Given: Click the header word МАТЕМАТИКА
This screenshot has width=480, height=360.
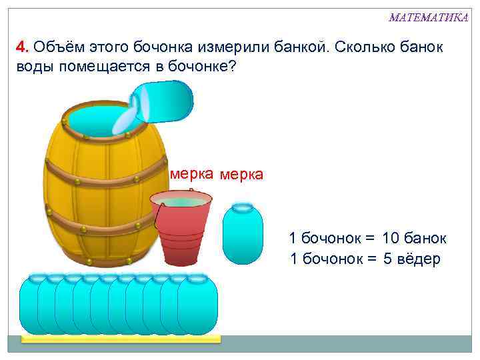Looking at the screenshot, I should click(428, 17).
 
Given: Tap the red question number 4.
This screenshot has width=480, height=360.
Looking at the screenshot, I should click(21, 48).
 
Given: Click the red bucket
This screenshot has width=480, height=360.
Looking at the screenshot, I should click(181, 227).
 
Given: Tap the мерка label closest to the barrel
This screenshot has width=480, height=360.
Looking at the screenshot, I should click(191, 174).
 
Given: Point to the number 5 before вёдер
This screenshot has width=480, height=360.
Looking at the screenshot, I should click(388, 259).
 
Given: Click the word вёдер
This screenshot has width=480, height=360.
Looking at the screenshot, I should click(418, 259).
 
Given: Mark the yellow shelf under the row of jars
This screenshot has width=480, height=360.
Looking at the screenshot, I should click(120, 339).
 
